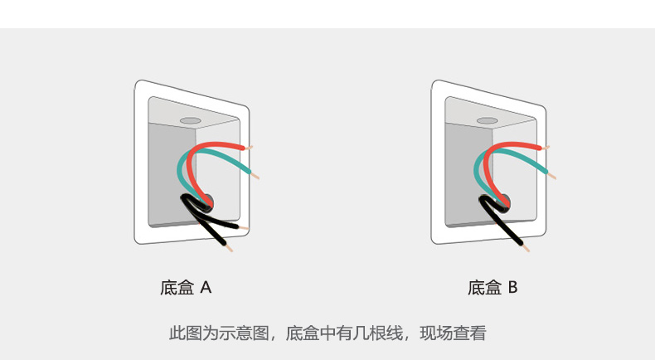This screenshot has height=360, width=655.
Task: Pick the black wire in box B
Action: click(x=502, y=221)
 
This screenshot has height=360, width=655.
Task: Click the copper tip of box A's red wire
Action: click(x=249, y=148)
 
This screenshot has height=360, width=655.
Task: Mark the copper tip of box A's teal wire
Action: click(x=255, y=175)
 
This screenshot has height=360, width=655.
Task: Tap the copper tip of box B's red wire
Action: click(x=546, y=148)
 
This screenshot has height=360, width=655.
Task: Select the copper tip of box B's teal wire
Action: click(x=551, y=175)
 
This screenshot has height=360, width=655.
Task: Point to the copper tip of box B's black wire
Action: click(x=526, y=248)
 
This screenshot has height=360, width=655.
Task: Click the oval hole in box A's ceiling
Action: click(x=191, y=121)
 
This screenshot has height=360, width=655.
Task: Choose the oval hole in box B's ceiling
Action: click(x=488, y=121)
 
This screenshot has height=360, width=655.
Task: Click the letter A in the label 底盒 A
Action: click(x=206, y=288)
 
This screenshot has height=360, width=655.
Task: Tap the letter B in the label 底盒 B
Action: click(x=512, y=288)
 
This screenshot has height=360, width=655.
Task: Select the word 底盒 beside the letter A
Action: click(x=177, y=288)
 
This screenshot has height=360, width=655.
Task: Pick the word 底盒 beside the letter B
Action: click(x=484, y=288)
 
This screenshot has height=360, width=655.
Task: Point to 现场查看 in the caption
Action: click(x=454, y=333)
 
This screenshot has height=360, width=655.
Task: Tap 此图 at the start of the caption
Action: click(x=186, y=333)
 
